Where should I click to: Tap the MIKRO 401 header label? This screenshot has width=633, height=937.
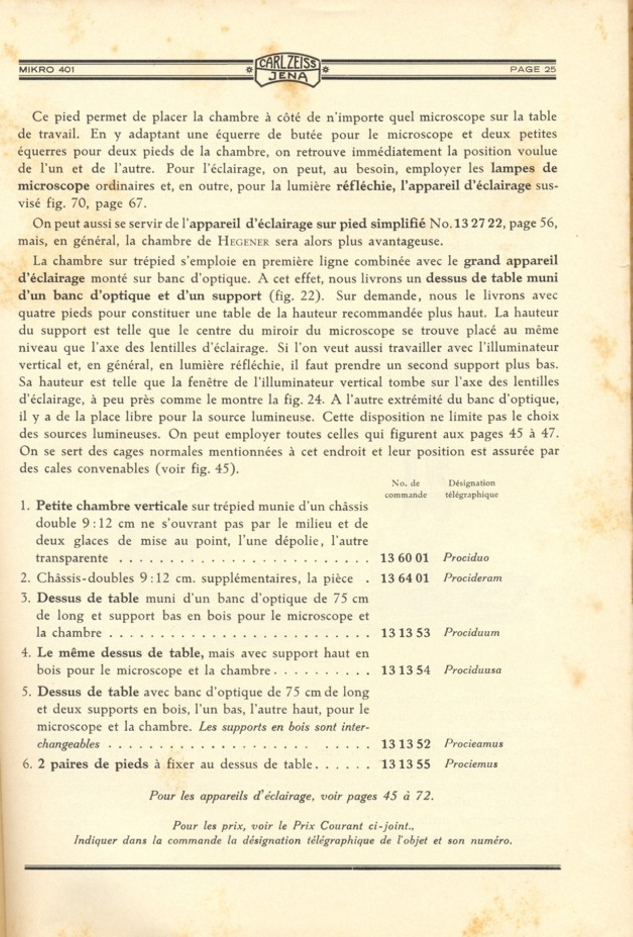pos(46,70)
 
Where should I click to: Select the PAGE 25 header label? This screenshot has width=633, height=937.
pos(532,70)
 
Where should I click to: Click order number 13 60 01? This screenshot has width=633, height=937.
pos(405,558)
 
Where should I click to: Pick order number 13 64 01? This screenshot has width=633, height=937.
pos(405,578)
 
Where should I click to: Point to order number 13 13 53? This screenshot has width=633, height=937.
pos(406,633)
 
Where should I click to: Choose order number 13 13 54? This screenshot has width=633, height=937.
pos(406,671)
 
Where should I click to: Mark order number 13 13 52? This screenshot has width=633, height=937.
pos(406,744)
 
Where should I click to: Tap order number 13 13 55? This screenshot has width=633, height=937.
pos(406,764)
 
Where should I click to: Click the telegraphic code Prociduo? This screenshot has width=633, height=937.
pos(466,558)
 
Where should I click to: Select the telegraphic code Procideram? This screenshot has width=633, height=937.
pos(472,578)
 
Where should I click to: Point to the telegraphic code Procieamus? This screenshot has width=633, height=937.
pos(473,744)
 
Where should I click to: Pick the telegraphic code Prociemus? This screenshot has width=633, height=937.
pos(471,764)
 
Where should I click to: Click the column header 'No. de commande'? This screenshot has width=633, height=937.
pos(406,489)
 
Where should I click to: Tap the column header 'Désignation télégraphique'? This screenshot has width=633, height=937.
pos(471,489)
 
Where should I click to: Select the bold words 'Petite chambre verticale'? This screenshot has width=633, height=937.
pos(112,506)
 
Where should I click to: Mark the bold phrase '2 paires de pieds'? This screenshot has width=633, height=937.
pos(93,764)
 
